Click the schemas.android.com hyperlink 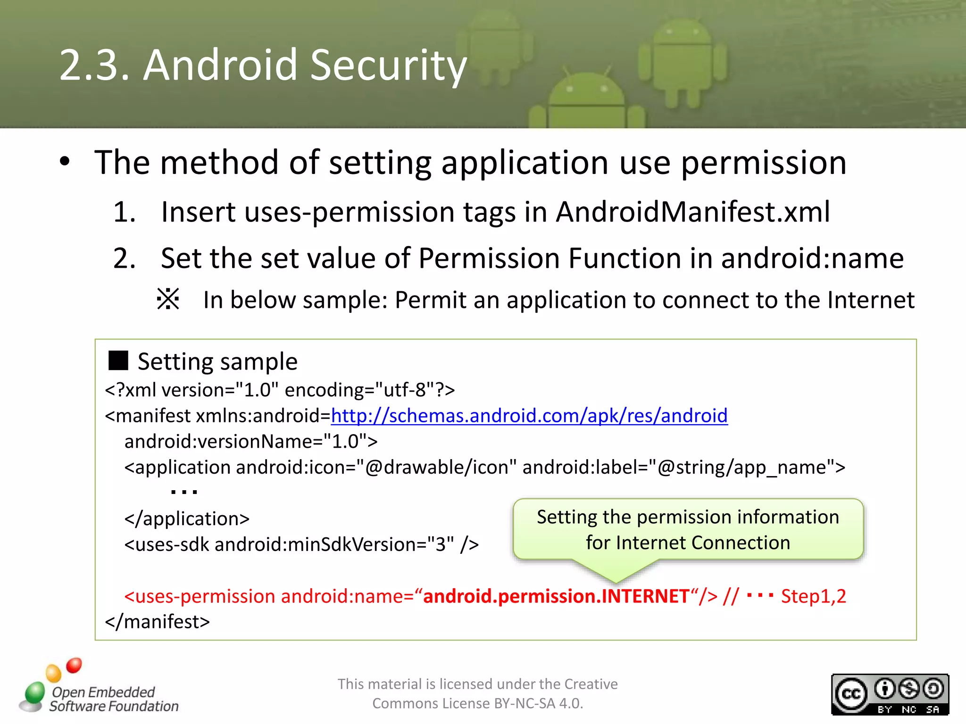529,416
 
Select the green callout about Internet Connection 688,530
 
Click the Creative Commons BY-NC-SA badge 890,694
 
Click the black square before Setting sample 118,361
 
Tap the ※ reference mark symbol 168,299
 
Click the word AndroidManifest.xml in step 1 692,212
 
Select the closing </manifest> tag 157,622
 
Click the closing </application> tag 187,518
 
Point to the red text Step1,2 813,596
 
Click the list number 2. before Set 125,258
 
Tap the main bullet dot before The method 65,162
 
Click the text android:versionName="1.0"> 251,442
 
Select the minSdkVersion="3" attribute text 370,544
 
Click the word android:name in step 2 812,258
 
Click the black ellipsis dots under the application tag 184,492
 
